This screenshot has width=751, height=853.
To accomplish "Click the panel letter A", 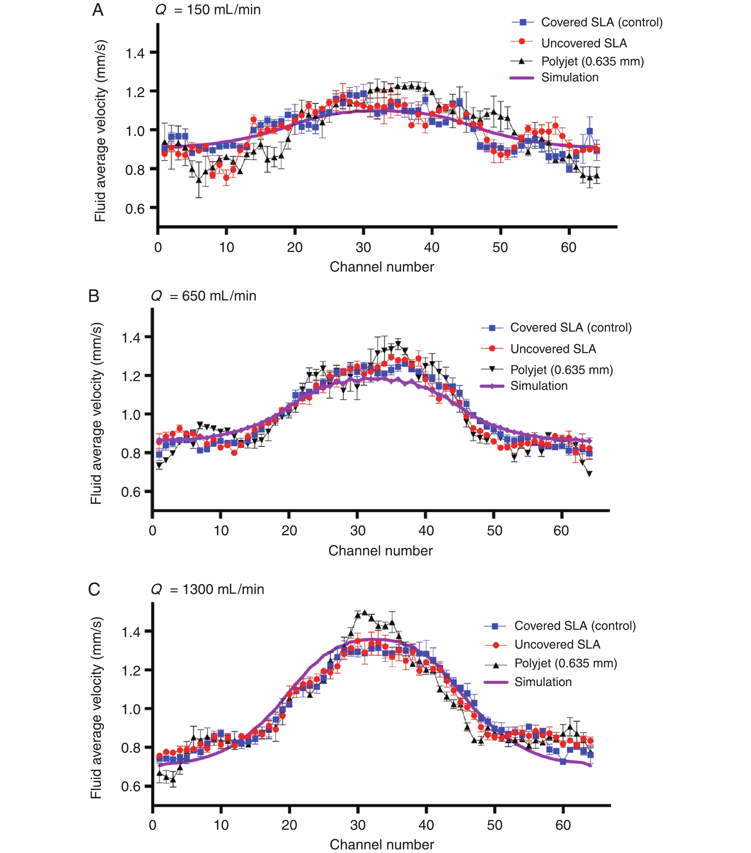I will coord(98,10).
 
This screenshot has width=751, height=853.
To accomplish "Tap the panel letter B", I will coord(94,296).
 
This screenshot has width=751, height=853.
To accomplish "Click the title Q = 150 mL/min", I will coord(208,10).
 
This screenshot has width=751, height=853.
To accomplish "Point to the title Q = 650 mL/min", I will coord(203,296).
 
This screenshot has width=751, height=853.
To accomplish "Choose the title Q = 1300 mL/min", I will coord(208,589).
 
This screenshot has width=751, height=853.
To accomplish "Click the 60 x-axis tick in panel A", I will coord(569,248).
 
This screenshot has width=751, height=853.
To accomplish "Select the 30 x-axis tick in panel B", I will coord(358,531).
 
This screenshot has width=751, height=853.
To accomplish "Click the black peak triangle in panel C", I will coord(364,613).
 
